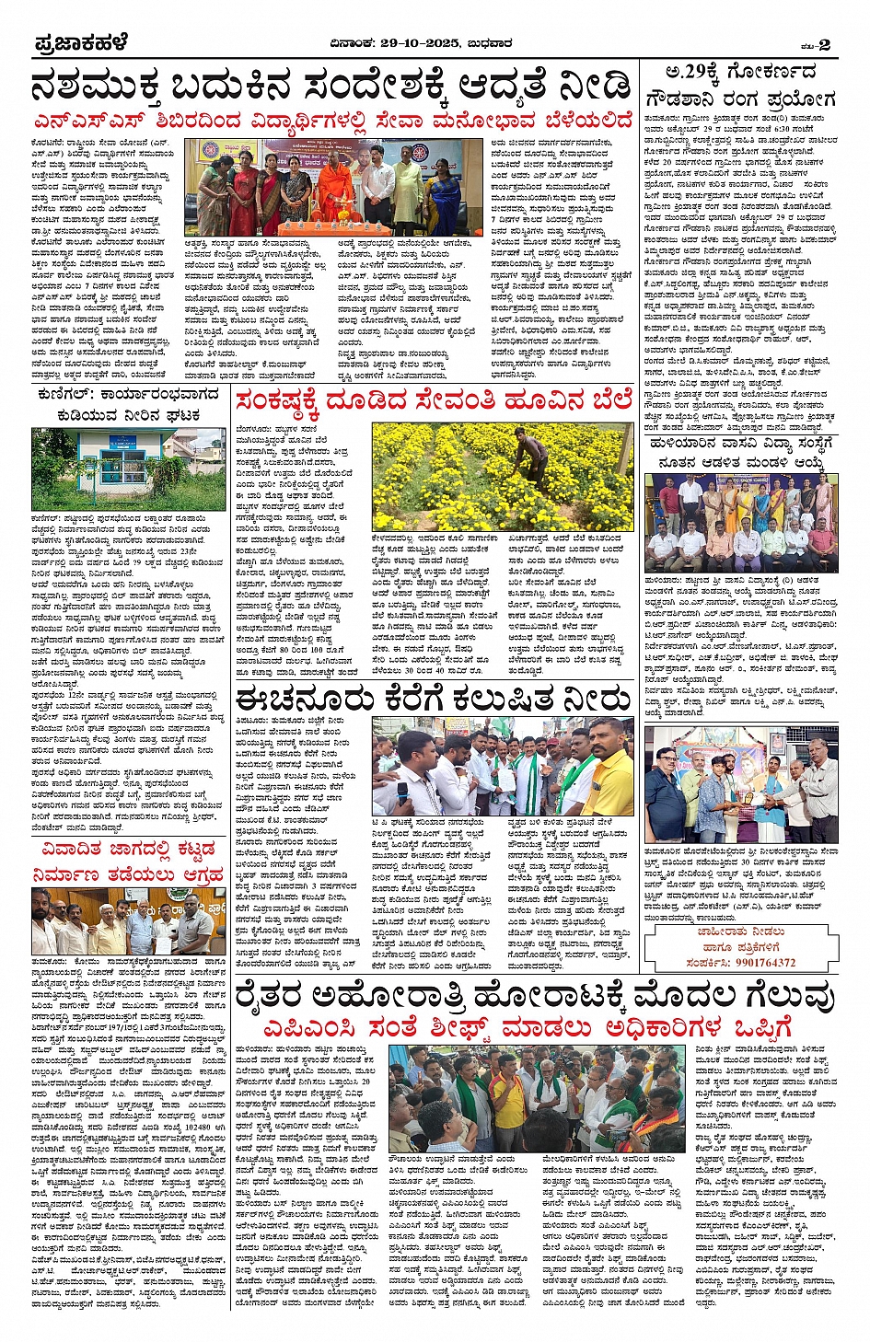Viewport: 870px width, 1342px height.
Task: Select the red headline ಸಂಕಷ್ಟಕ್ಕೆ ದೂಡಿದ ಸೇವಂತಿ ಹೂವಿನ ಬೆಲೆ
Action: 433,401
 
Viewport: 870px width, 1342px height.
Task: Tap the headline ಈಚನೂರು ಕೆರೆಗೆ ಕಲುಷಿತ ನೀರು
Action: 433,699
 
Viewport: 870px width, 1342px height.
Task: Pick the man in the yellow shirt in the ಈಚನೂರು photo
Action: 610,764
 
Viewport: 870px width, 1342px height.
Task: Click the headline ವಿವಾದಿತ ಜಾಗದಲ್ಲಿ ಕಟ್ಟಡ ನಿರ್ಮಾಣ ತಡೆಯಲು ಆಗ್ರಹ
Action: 125,861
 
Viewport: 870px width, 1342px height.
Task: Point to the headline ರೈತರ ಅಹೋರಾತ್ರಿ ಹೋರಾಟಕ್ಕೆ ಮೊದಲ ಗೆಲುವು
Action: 534,996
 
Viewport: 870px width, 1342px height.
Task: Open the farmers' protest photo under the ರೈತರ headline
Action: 537,1097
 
